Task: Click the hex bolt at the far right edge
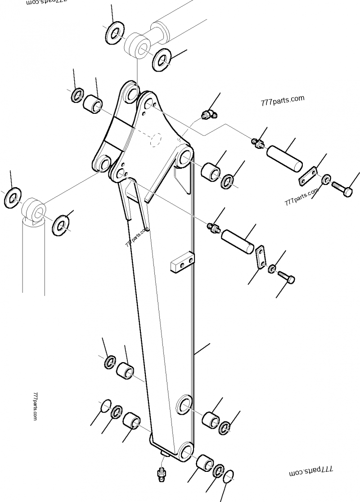tap(343, 188)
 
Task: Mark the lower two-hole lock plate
tap(261, 257)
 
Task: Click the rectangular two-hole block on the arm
tap(182, 263)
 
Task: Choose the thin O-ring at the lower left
tap(105, 405)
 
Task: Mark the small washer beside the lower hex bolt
tap(273, 269)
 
